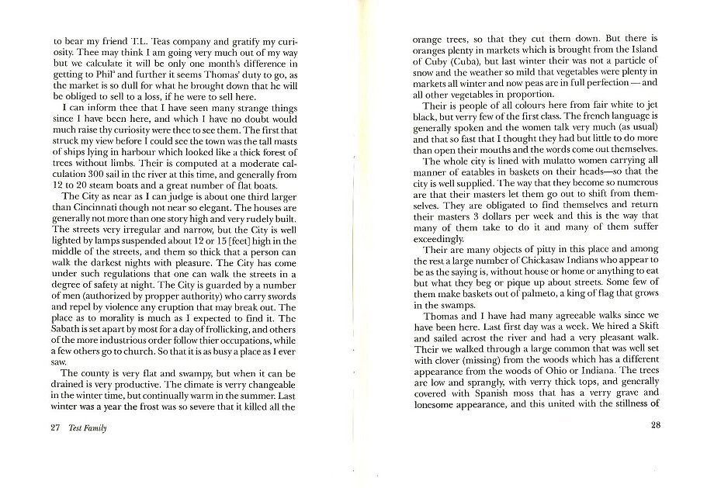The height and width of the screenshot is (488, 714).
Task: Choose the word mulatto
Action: [545, 161]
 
